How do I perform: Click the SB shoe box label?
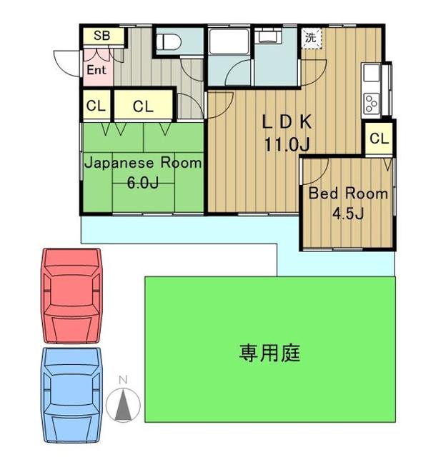point(101,36)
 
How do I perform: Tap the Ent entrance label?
point(96,70)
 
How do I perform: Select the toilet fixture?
point(168,42)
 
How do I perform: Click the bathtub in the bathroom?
point(229,41)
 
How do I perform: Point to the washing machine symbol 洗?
point(311,38)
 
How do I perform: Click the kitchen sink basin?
point(371,72)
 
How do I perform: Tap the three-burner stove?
point(372,104)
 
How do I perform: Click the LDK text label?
point(287,122)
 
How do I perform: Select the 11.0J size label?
point(287,144)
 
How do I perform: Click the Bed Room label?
point(348,194)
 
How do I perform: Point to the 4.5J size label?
point(348,214)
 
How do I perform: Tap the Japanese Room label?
point(143,164)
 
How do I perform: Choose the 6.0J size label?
point(143,183)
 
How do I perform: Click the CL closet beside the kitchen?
point(379,139)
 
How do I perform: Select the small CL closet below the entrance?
point(96,105)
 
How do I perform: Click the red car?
point(71,296)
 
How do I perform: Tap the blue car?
point(71,395)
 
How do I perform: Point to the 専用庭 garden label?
point(270,353)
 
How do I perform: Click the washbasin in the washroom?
point(267,36)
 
